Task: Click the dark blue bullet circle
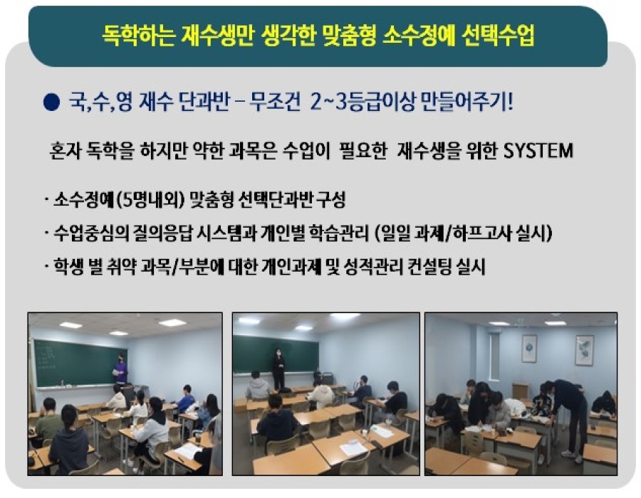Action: point(52,102)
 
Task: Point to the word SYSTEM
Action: point(538,151)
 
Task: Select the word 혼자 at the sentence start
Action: point(65,151)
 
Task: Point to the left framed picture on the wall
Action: point(529,348)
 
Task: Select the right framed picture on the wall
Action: point(585,350)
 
